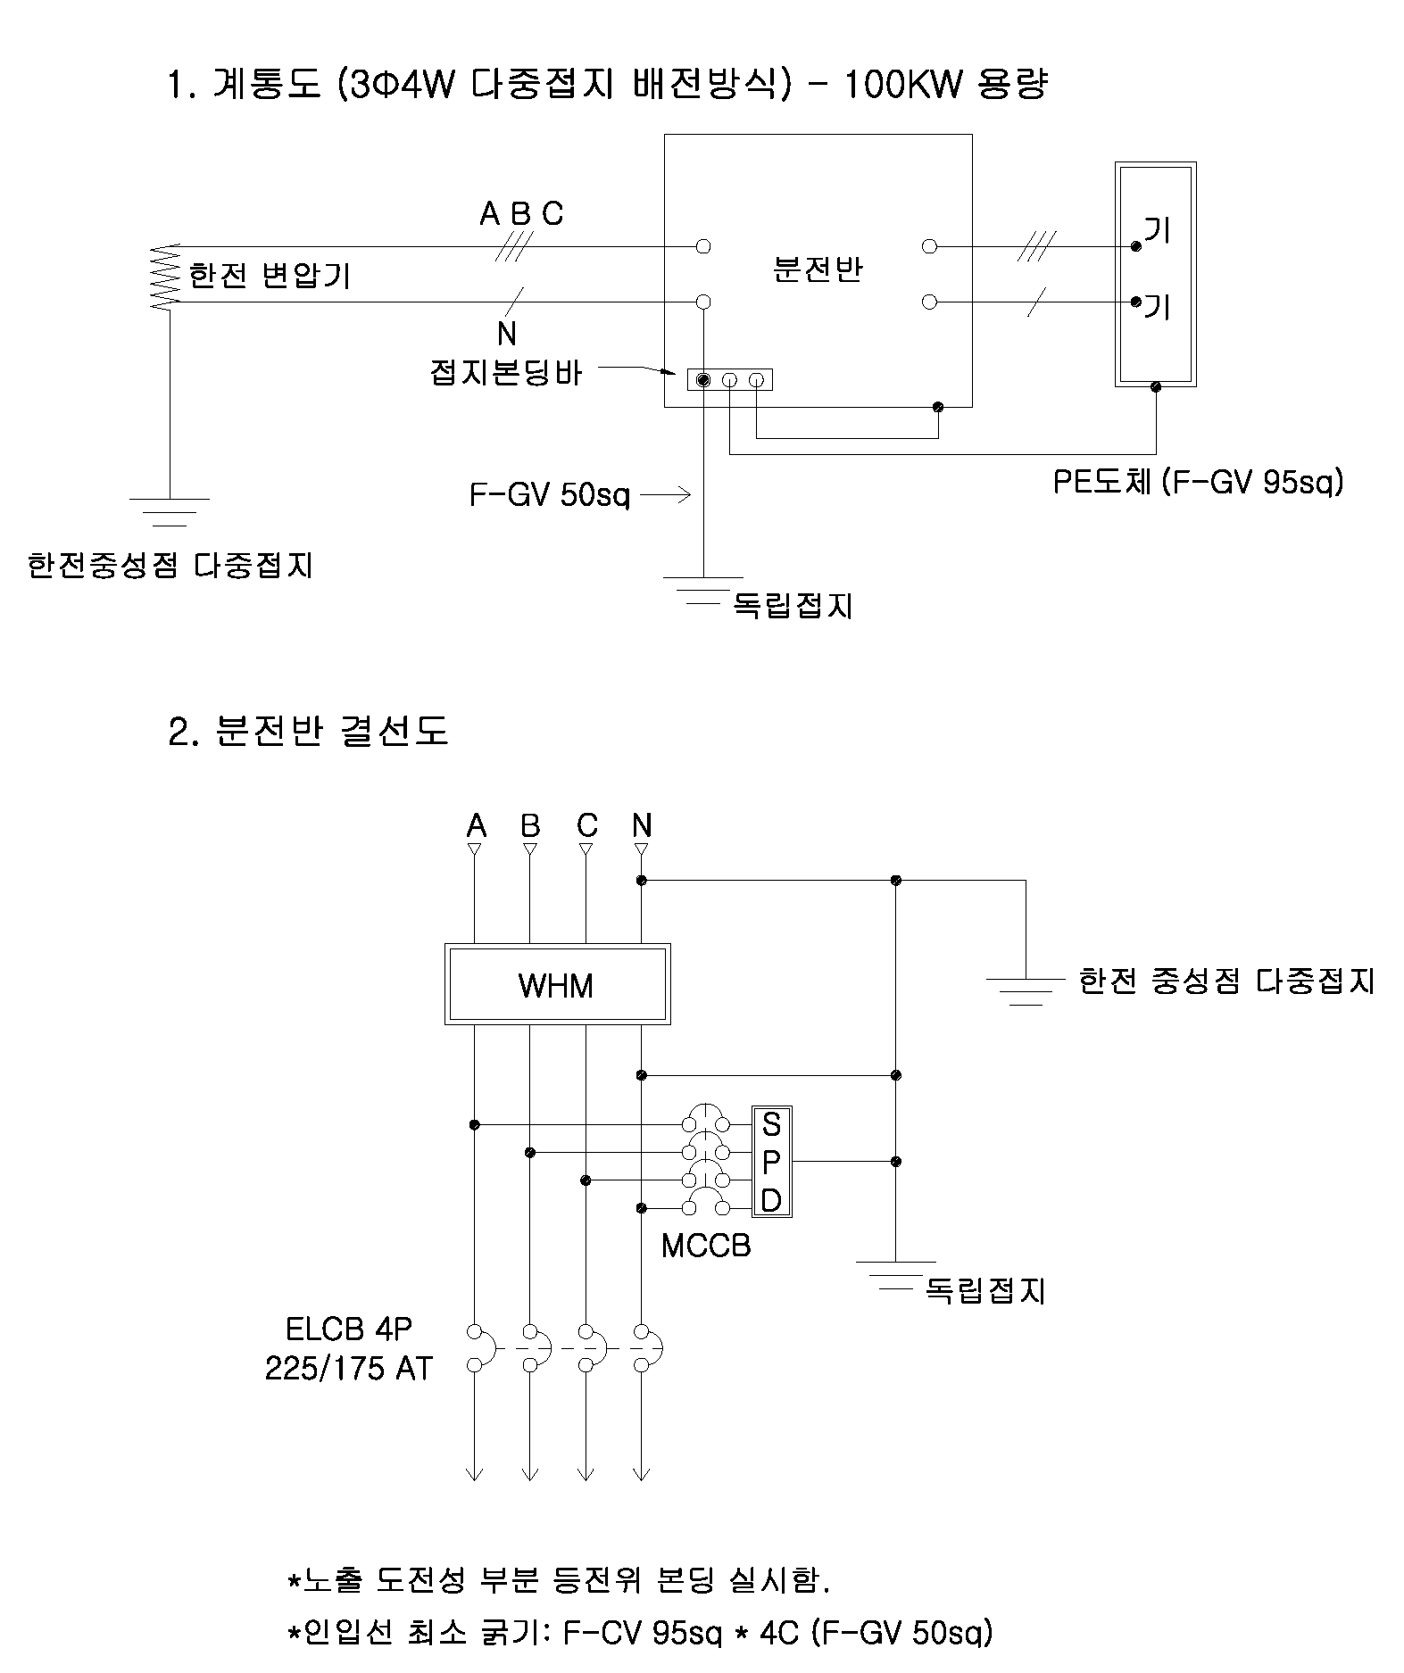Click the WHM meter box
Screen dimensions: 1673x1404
click(x=557, y=984)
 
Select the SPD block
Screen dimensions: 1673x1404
click(x=772, y=1162)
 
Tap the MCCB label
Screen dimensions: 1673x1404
click(x=706, y=1245)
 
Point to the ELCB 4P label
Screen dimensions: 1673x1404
click(x=349, y=1329)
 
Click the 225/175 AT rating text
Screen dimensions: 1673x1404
click(x=348, y=1368)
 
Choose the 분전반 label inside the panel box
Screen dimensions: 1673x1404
click(x=818, y=269)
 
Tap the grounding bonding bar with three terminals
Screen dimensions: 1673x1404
click(x=729, y=380)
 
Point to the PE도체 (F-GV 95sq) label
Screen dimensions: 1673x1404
click(x=1198, y=482)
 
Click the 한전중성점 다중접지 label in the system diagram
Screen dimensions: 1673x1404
click(x=170, y=565)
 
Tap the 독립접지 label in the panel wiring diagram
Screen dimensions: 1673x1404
click(x=984, y=1290)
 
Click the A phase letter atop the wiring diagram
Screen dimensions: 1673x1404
click(x=477, y=825)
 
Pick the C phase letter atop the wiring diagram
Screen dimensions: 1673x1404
click(x=586, y=825)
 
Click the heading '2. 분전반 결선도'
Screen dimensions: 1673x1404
click(x=308, y=731)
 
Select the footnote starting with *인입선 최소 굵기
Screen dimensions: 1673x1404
click(x=638, y=1633)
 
